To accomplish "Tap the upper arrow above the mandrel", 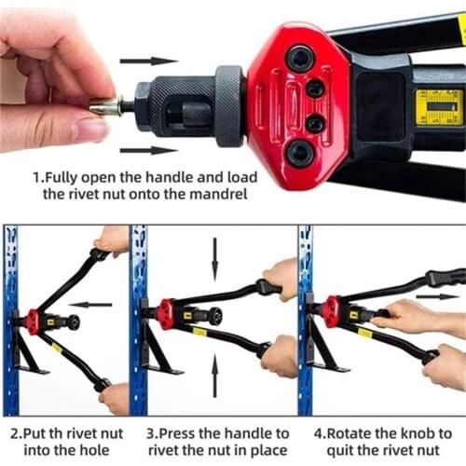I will click(148, 61).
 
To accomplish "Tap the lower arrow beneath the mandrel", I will click(148, 149).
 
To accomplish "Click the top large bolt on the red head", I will click(299, 58).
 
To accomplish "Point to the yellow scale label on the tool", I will click(438, 106).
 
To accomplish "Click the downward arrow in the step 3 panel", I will click(214, 254).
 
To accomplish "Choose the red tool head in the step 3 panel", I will click(166, 313).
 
